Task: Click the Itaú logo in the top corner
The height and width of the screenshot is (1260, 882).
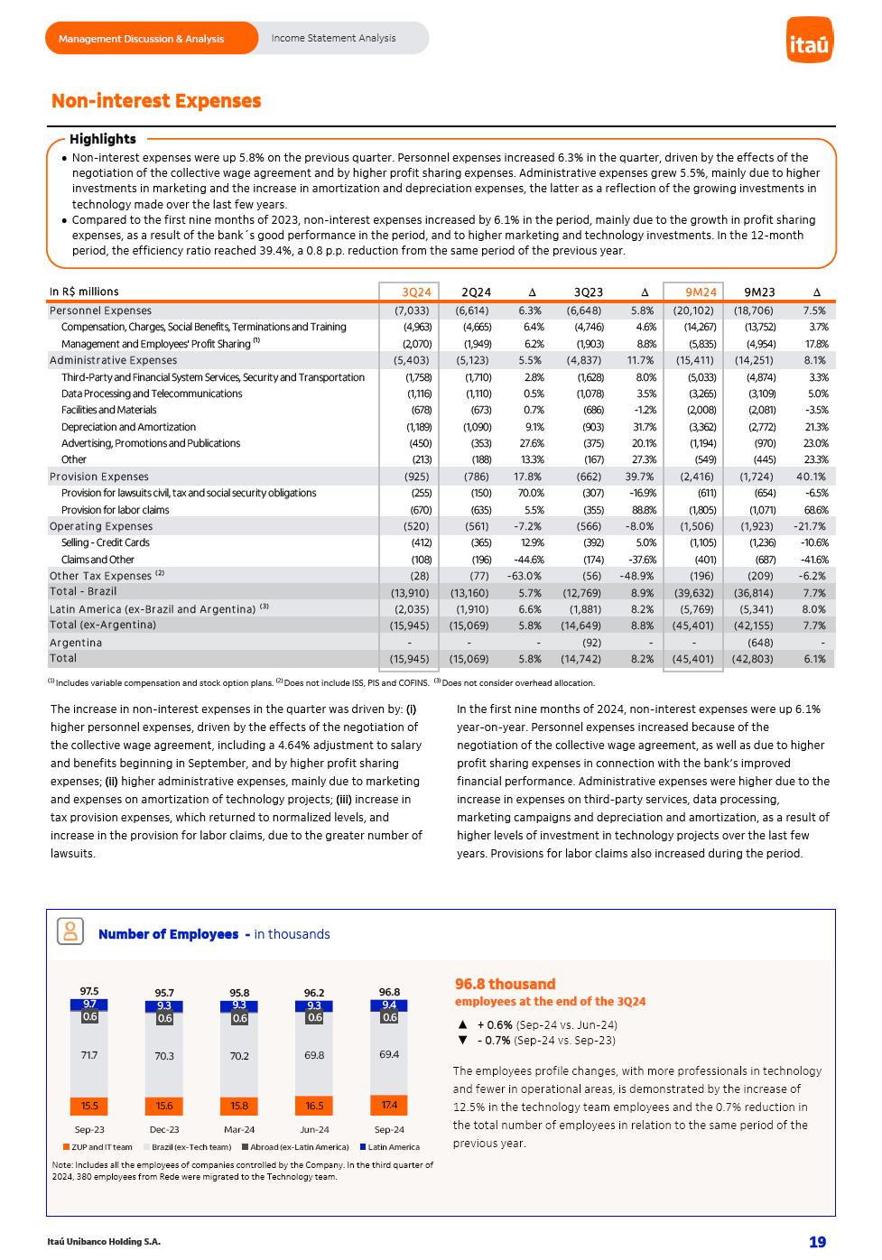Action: coord(809,40)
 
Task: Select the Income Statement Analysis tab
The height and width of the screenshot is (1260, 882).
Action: coord(333,38)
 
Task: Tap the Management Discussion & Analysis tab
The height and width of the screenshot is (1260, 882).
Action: coord(141,39)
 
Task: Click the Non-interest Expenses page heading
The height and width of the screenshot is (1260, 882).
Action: coord(156,101)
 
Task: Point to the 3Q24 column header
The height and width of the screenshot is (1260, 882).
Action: coord(416,292)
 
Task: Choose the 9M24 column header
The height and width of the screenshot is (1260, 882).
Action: coord(701,292)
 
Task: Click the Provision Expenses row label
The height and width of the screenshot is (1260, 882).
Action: coord(99,477)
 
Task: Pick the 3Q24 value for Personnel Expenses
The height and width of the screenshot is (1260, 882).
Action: coord(412,310)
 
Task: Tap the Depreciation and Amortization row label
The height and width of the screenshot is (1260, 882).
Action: coord(128,427)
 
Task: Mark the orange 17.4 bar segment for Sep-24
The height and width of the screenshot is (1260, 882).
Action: coord(389,1105)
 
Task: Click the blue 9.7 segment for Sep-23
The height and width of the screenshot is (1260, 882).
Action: coord(89,1004)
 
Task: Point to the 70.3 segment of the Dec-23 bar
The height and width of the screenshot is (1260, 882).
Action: coord(164,1056)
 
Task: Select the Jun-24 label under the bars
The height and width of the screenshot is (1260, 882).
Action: coord(314,1129)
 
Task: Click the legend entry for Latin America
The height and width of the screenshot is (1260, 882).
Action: coord(394,1147)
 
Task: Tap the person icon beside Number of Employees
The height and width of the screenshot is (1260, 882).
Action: coord(70,931)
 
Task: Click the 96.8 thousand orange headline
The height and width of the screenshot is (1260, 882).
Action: coord(505,984)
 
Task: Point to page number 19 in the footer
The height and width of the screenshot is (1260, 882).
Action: coord(817,1242)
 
